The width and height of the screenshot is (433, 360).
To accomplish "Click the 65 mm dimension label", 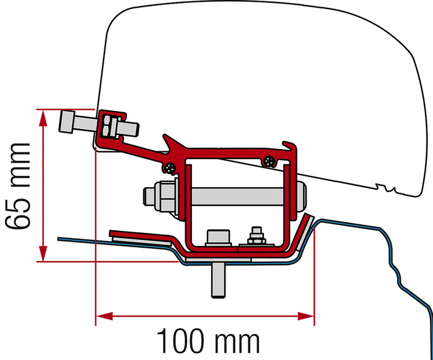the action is pos(17,186).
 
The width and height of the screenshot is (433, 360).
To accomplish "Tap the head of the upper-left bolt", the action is pos(67,122).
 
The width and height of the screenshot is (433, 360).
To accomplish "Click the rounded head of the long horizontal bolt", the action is pos(302,196).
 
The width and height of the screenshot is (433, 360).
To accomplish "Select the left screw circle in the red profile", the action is pos(170,167).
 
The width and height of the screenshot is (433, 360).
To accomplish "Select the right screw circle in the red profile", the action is pos(269,161).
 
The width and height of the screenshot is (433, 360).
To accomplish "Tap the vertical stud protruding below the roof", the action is pos(218,280).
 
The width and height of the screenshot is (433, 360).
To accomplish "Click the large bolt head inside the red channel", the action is pos(218,238).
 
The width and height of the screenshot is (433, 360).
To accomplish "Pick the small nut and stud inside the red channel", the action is pos(257,236).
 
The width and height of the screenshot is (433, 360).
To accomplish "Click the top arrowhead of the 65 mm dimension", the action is pos(43,118).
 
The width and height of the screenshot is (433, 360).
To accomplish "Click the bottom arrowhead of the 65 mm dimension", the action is pos(43,253).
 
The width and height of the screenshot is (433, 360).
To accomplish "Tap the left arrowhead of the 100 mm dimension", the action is pos(104,316).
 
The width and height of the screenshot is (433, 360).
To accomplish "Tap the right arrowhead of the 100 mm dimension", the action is pos(306,316).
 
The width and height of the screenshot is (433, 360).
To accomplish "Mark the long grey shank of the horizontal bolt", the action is pos(237,196).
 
